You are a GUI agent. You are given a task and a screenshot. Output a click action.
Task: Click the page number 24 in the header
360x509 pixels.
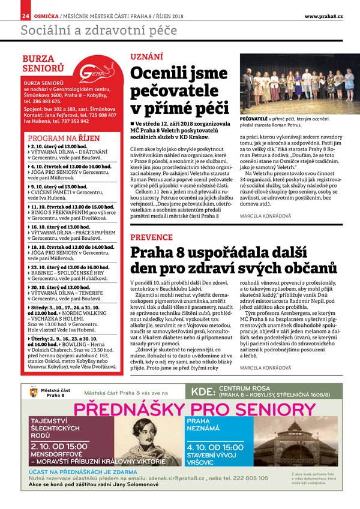point(25,15)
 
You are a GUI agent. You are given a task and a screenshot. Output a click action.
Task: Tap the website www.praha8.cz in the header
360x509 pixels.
point(323,15)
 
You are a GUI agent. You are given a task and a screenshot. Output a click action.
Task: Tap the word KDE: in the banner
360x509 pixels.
point(203,393)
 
